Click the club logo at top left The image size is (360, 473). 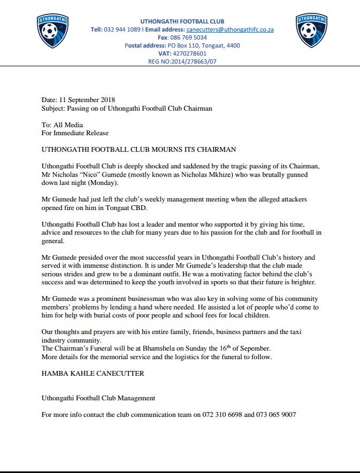point(52,32)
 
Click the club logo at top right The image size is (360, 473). point(311,32)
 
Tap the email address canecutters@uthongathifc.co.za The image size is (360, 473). point(229,29)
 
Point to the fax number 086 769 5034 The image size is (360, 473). point(190,37)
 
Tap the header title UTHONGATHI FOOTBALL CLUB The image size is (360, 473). point(182,20)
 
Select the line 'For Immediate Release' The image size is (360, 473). point(77,133)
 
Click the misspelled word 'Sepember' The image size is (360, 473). point(250,348)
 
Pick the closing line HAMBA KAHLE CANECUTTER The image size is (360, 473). point(92,374)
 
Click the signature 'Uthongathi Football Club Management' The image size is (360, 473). point(98,398)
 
